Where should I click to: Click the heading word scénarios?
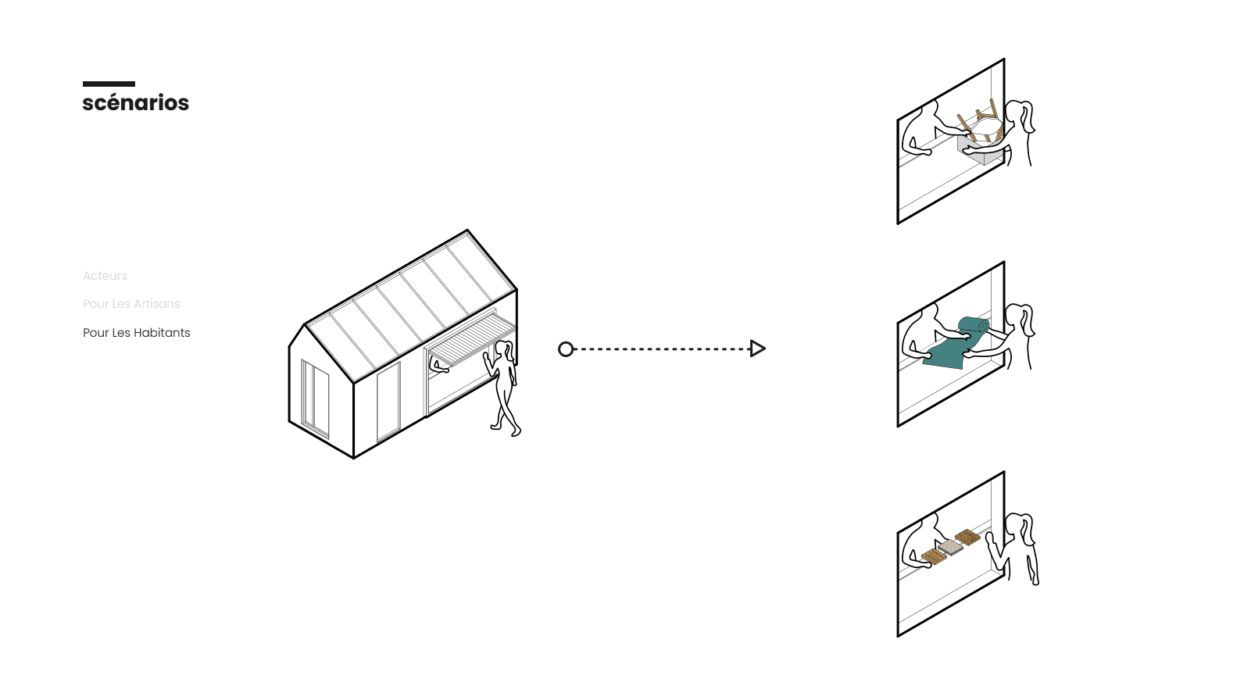135,103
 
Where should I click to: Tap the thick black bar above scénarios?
109,84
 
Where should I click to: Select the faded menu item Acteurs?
105,276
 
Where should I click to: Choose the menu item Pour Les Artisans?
131,304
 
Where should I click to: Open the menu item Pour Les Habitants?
137,333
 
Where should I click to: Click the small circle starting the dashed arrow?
566,349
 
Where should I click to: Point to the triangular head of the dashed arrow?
757,348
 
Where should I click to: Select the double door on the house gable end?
315,397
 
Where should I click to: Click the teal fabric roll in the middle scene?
974,325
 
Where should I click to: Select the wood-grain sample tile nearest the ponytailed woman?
967,537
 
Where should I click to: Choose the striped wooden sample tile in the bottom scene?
933,556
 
